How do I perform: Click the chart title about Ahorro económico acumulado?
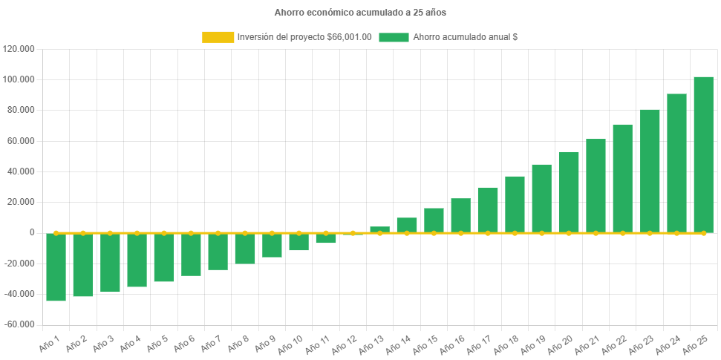(x=360, y=13)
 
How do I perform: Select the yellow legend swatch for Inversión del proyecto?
(x=218, y=37)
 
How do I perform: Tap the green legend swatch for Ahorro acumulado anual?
(x=394, y=37)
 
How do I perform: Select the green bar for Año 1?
(x=56, y=266)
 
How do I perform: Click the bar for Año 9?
(x=272, y=245)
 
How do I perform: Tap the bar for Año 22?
(x=622, y=178)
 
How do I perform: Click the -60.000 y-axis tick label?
(x=19, y=324)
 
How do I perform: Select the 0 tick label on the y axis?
(x=32, y=232)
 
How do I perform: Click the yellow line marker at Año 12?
(x=353, y=233)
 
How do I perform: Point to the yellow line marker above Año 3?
(x=110, y=233)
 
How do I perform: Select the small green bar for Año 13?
(x=379, y=229)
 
